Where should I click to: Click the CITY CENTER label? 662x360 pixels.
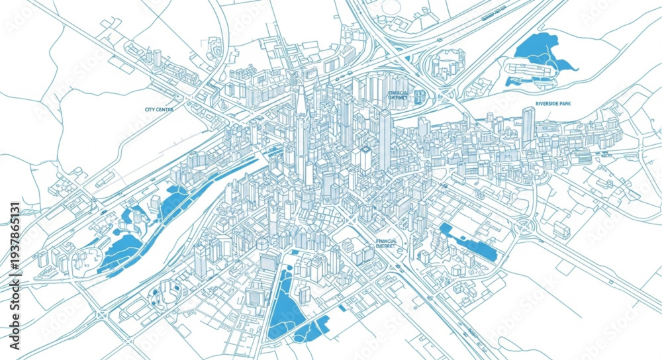(159, 109)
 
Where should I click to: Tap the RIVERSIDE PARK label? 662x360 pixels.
(553, 104)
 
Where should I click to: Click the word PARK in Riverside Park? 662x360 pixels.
(564, 104)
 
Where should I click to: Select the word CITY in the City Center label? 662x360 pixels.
(150, 109)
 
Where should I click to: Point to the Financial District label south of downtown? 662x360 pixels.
(385, 243)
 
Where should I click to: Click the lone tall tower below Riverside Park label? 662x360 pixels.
(528, 126)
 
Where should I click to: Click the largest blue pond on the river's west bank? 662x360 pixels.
(119, 251)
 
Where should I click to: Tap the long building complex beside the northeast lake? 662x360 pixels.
(530, 69)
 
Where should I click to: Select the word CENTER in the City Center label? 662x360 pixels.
(165, 109)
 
